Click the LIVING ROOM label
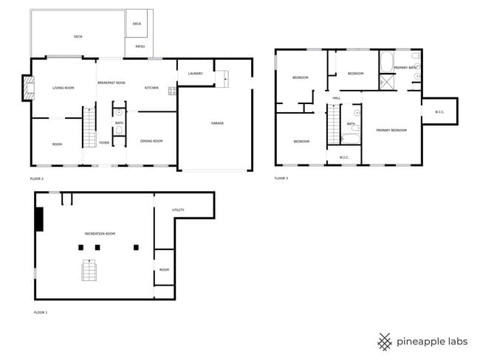(x=64, y=89)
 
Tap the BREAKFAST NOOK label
(x=112, y=83)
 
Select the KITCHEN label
(x=151, y=89)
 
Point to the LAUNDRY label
(x=196, y=74)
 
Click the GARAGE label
(x=217, y=123)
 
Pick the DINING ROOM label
(x=151, y=141)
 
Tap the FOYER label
(x=105, y=143)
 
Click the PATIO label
(x=140, y=47)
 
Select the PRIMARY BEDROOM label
(x=391, y=130)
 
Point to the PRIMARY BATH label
(x=405, y=68)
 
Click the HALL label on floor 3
(x=336, y=98)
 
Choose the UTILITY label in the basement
(x=178, y=210)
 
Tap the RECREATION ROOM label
(x=100, y=234)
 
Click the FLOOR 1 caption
(x=41, y=313)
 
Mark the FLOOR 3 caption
(x=281, y=178)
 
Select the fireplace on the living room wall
(x=28, y=88)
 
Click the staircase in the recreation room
(x=89, y=271)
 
